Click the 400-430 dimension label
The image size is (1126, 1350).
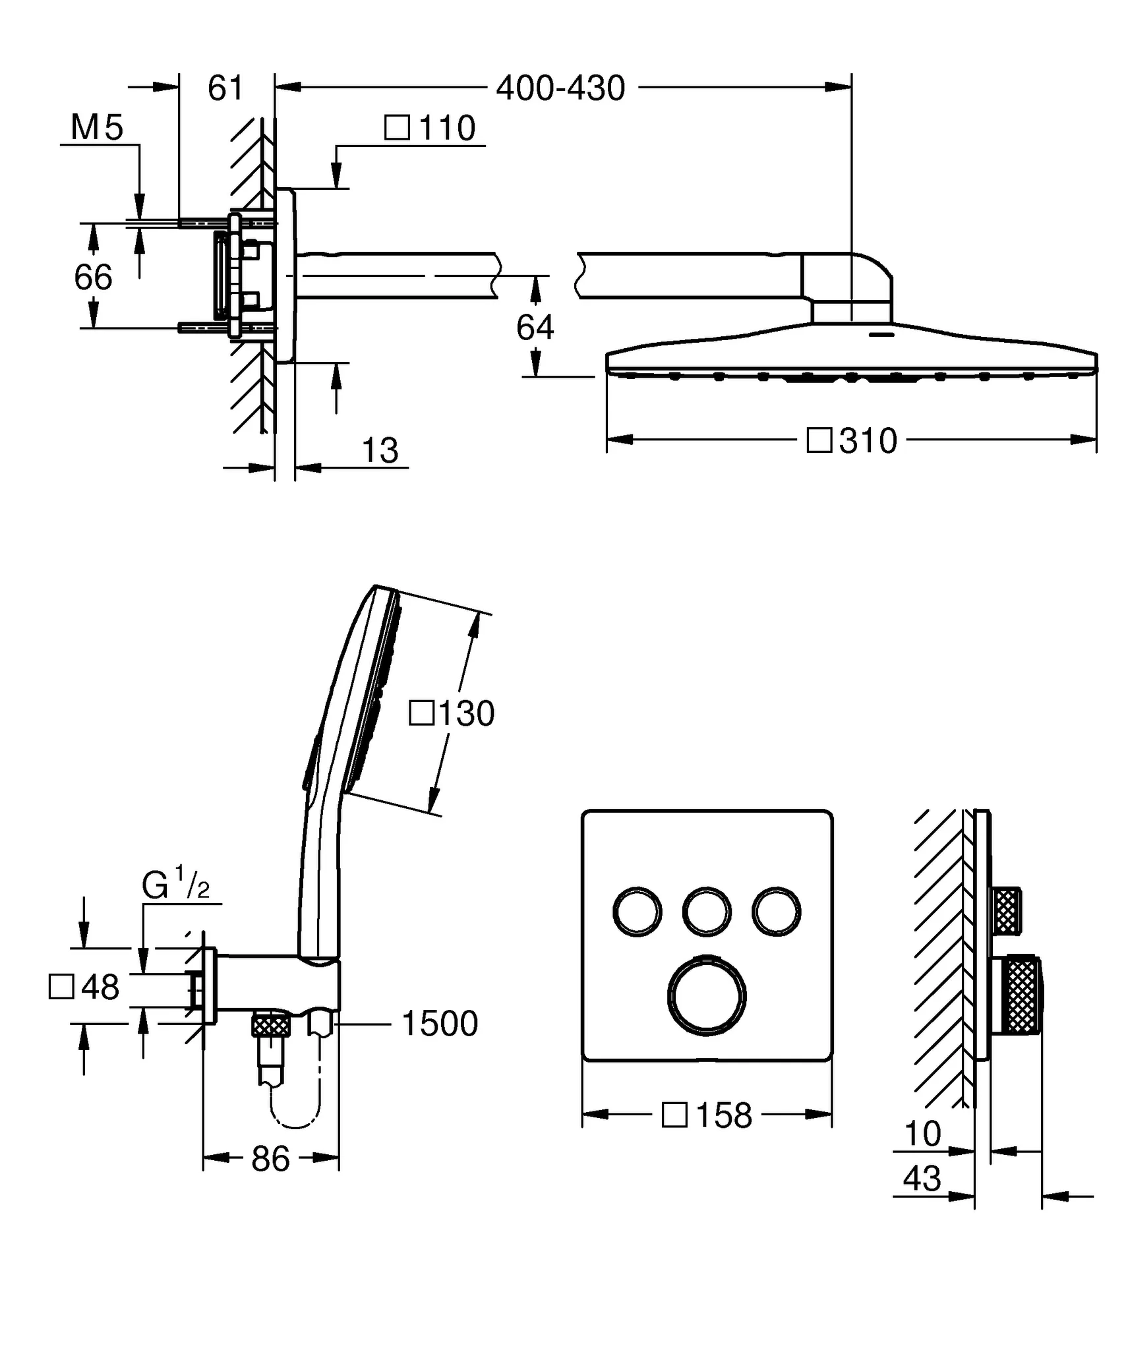560,88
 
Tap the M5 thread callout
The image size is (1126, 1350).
97,127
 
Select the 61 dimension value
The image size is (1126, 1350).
225,88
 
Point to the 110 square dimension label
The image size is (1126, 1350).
430,127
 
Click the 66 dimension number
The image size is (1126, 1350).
93,277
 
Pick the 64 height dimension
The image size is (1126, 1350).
535,327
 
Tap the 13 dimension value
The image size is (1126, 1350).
380,451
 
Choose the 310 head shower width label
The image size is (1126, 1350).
852,440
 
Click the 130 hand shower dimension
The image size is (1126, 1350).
452,713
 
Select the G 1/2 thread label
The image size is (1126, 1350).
175,886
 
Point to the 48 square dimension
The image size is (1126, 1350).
85,987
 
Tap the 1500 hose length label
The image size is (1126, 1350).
440,1024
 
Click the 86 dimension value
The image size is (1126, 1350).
270,1158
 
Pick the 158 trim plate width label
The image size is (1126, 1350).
707,1115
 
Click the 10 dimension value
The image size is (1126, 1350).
922,1133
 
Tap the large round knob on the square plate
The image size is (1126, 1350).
707,995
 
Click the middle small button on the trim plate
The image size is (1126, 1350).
707,912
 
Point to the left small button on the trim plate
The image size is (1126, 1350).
637,912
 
